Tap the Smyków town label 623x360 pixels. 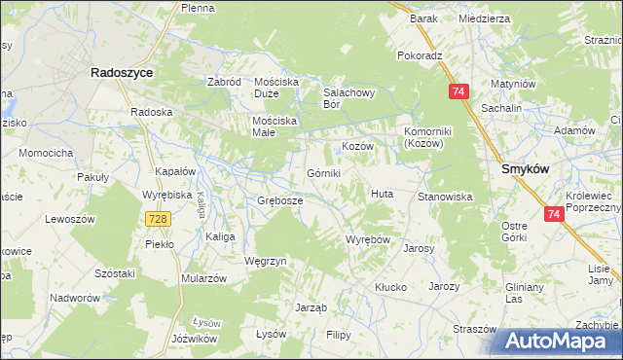click(x=527, y=168)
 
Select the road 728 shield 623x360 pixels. click(x=161, y=221)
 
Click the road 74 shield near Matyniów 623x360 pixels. click(x=459, y=91)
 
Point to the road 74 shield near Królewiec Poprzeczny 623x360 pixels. click(x=555, y=214)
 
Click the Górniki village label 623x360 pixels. click(x=323, y=173)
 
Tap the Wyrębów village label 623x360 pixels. click(x=368, y=239)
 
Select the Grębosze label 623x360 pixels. click(x=279, y=200)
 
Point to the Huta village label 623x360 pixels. click(x=381, y=194)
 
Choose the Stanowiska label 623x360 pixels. click(x=445, y=197)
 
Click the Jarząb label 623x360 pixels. click(x=310, y=306)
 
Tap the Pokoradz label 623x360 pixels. click(x=420, y=55)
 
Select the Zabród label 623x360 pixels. click(x=224, y=82)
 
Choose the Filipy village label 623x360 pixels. click(x=338, y=335)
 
